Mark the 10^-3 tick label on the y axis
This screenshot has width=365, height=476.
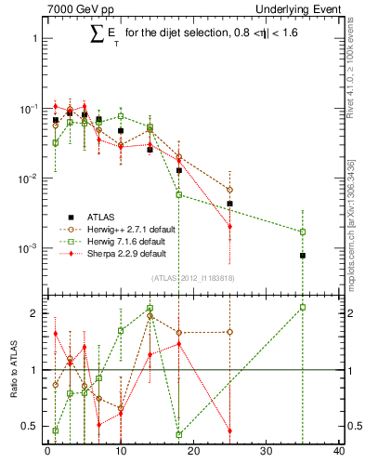pyautogui.click(x=30, y=248)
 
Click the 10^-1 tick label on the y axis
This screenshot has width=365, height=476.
pyautogui.click(x=30, y=109)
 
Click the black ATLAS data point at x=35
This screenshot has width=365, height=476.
pyautogui.click(x=303, y=256)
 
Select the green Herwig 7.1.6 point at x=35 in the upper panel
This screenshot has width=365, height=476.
pyautogui.click(x=303, y=231)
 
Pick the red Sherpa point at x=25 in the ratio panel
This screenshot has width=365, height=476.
pyautogui.click(x=229, y=431)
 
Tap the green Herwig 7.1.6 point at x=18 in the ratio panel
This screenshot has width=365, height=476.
pyautogui.click(x=179, y=434)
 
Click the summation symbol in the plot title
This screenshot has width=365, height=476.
pyautogui.click(x=97, y=36)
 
